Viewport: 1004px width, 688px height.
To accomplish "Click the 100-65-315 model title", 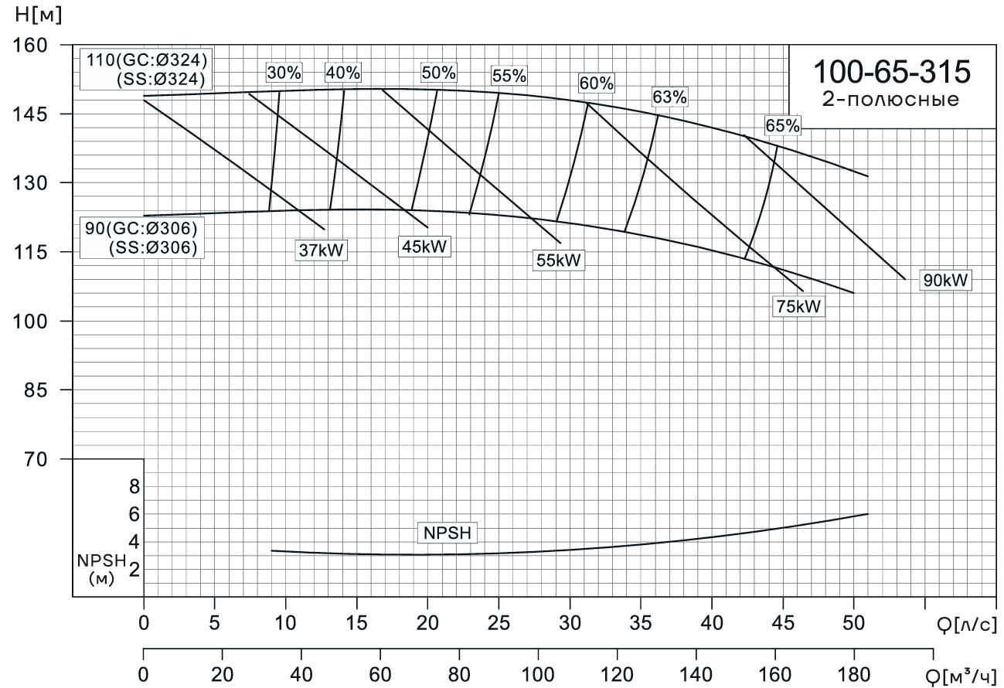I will pos(891,73).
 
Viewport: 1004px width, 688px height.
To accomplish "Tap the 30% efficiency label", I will pos(284,73).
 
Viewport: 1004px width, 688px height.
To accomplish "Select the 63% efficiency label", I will pos(669,97).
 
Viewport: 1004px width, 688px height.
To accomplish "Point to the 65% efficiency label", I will pos(783,125).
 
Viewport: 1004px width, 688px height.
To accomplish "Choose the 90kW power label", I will pos(945,281).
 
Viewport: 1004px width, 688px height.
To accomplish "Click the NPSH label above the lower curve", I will pos(448,533).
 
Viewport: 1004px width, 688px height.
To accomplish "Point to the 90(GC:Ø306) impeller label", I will pos(142,230).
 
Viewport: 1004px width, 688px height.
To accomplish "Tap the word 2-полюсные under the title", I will pos(891,100).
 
